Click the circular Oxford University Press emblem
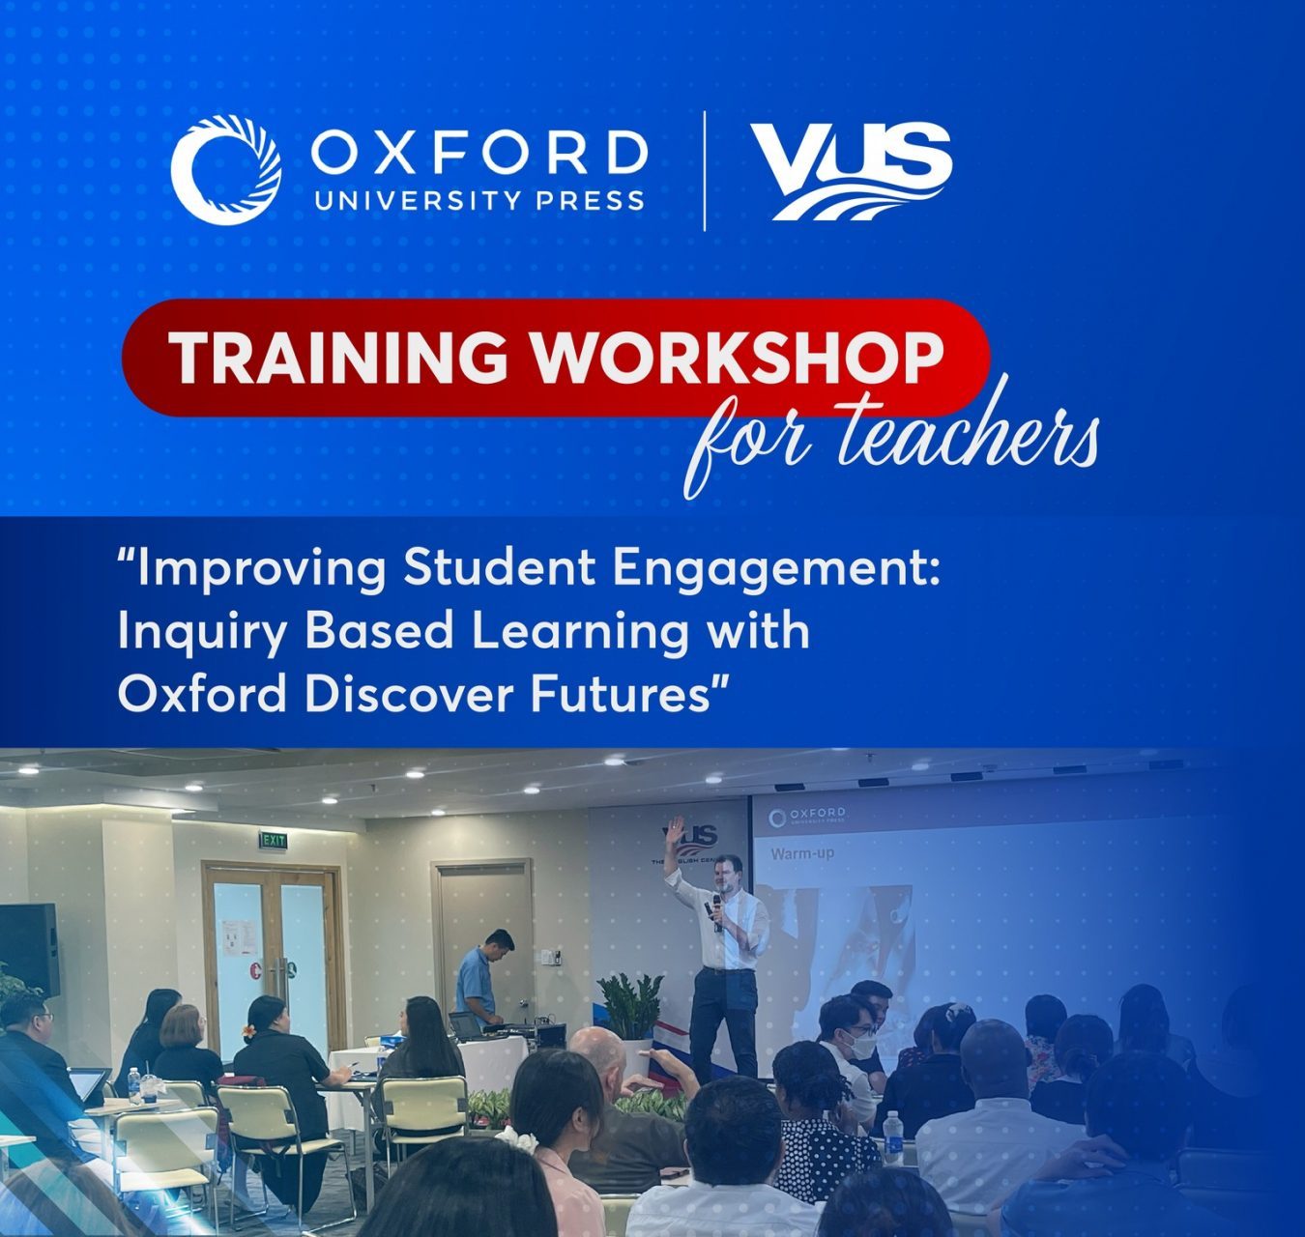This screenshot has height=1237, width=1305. click(226, 170)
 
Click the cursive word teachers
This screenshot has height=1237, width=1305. click(967, 440)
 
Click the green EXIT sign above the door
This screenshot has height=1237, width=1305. click(273, 841)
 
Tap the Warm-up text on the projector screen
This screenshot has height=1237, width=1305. click(801, 853)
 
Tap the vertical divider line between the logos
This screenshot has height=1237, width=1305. click(704, 171)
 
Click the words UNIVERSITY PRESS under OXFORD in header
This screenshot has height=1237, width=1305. click(478, 200)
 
